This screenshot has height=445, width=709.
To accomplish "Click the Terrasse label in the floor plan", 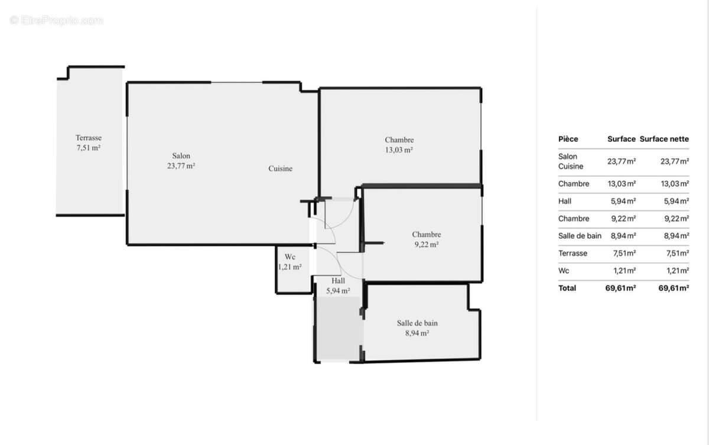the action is click(x=89, y=138).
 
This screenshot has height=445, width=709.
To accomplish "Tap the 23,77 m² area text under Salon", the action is click(x=181, y=165).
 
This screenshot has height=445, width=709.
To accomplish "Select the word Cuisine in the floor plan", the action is click(x=281, y=168).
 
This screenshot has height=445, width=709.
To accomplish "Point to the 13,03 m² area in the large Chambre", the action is click(x=399, y=150).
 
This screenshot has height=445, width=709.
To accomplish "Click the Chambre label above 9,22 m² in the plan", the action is click(x=427, y=234).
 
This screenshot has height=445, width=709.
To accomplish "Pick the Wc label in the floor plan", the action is click(x=290, y=256).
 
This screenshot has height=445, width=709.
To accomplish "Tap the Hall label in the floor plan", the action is click(x=338, y=281).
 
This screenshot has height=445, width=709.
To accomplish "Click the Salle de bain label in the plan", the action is click(x=417, y=323).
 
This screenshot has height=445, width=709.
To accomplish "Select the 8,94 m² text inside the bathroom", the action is click(x=417, y=333).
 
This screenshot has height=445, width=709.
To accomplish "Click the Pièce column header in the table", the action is click(x=568, y=139).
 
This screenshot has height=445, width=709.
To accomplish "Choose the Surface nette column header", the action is click(x=664, y=139).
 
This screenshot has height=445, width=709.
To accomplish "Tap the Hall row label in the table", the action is click(x=565, y=201).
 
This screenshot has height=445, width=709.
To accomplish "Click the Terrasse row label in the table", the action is click(x=573, y=253).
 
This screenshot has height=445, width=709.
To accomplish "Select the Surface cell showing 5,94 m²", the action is click(x=623, y=201).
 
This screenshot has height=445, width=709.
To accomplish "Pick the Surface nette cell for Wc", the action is click(x=678, y=271).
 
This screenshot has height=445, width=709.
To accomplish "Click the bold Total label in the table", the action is click(x=567, y=288).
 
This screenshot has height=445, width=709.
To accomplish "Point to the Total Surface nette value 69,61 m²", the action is click(x=674, y=288).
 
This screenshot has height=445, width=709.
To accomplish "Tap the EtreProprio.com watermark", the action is click(x=56, y=21).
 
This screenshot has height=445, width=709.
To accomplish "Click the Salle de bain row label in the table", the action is click(x=580, y=236).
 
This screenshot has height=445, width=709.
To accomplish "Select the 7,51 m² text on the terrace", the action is click(x=88, y=148).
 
